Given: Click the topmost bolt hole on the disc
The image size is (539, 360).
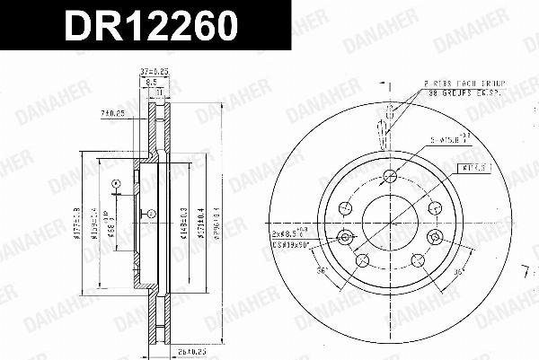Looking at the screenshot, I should [388, 176].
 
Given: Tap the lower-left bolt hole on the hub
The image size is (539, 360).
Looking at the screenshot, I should [363, 260].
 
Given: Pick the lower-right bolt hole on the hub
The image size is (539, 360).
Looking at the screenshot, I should [416, 260].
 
